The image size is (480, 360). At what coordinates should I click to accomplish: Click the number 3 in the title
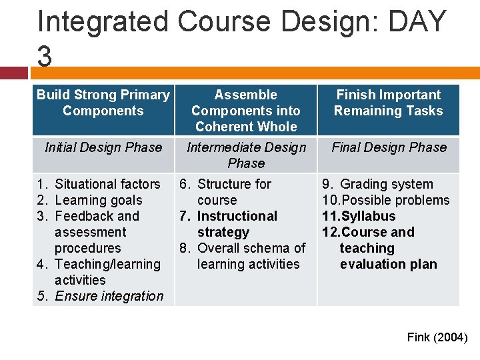[45, 57]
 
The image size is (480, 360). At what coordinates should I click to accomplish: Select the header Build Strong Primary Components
[103, 103]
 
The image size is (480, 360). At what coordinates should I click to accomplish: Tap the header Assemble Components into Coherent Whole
[246, 111]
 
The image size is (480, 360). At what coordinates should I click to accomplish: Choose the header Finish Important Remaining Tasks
[388, 103]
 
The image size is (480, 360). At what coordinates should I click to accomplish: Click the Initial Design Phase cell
[103, 147]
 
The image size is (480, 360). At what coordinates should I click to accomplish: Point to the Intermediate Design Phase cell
[246, 155]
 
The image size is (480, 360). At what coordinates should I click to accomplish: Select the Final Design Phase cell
[389, 147]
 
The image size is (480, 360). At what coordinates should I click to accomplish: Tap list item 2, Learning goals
[98, 200]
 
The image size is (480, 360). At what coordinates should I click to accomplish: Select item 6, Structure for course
[233, 192]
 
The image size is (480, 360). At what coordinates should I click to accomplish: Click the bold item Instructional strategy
[237, 224]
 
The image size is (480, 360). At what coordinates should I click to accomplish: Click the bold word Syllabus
[368, 216]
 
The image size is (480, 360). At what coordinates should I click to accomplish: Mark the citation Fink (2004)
[437, 337]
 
